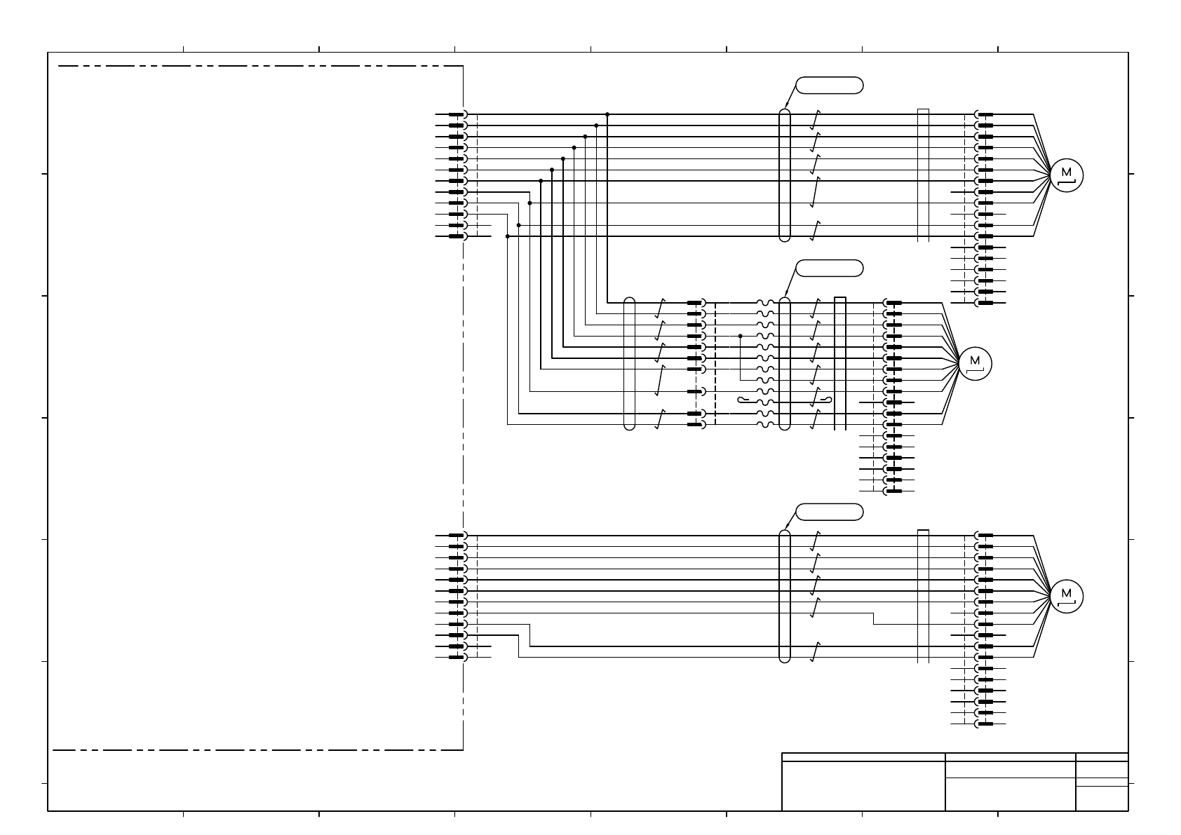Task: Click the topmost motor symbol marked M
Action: point(1067,175)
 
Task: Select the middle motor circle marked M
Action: point(975,363)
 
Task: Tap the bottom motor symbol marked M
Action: point(1067,596)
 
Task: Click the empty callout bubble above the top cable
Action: point(830,86)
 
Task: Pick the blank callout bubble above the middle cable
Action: point(830,268)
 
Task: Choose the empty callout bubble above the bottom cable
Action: point(830,512)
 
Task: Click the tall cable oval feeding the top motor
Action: point(785,175)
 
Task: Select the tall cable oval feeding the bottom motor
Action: point(785,596)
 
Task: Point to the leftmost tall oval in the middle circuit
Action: point(629,363)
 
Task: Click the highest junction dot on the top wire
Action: point(607,114)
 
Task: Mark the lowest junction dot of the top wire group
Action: point(507,236)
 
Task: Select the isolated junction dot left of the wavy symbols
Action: point(741,336)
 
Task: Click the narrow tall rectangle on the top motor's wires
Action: point(923,175)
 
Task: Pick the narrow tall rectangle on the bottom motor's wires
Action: point(923,596)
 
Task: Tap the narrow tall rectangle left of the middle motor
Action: point(839,363)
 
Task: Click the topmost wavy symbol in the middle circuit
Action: point(765,303)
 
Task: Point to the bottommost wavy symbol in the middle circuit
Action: point(765,424)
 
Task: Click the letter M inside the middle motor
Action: point(975,360)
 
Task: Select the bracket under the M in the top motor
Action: point(1067,183)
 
